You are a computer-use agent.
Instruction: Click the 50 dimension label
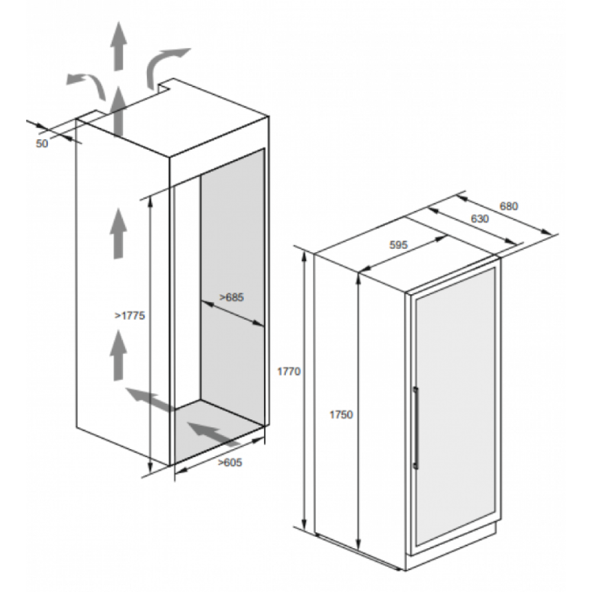click(42, 143)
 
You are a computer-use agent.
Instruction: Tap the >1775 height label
click(130, 316)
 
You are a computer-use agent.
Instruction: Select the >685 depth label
click(231, 298)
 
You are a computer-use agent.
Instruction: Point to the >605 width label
click(230, 462)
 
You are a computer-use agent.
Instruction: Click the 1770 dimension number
click(289, 372)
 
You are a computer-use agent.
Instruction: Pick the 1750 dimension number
click(341, 414)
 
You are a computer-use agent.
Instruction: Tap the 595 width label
click(398, 245)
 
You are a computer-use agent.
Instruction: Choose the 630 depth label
click(480, 218)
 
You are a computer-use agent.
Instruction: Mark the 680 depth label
click(509, 206)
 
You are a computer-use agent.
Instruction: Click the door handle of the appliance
click(416, 428)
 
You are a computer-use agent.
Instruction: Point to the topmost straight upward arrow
click(119, 46)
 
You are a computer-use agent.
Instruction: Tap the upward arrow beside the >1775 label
click(118, 355)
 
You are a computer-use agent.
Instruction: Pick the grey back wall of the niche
click(232, 287)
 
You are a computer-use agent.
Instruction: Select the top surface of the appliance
click(408, 254)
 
